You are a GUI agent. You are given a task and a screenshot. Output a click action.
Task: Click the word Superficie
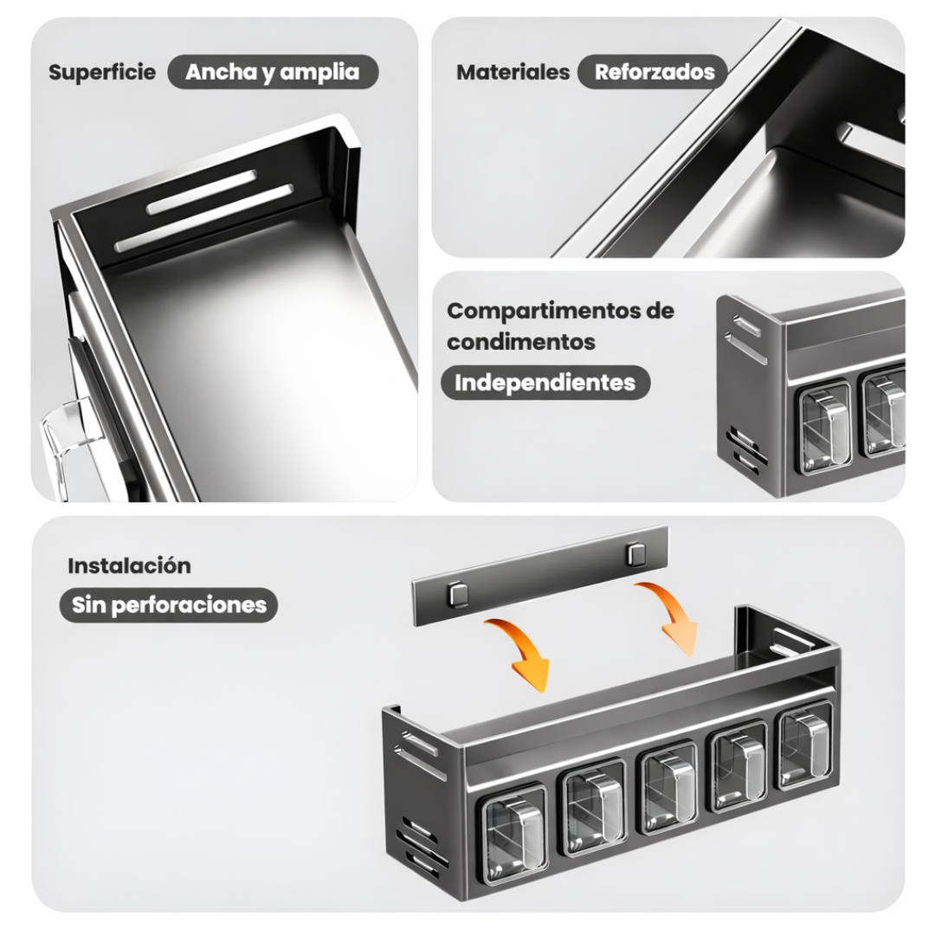pyautogui.click(x=102, y=72)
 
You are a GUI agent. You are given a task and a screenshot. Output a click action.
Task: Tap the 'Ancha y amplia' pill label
pyautogui.click(x=273, y=72)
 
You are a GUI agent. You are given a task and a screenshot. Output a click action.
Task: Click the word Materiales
pyautogui.click(x=513, y=72)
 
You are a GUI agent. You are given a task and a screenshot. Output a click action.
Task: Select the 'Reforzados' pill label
pyautogui.click(x=654, y=72)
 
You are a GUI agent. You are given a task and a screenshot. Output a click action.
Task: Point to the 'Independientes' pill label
pyautogui.click(x=545, y=383)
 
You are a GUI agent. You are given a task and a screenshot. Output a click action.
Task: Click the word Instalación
pyautogui.click(x=129, y=565)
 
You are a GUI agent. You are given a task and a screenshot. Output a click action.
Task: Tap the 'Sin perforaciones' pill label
pyautogui.click(x=169, y=605)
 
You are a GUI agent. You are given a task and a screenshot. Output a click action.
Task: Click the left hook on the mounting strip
pyautogui.click(x=458, y=595)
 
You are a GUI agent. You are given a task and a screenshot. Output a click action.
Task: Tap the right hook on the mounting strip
pyautogui.click(x=635, y=553)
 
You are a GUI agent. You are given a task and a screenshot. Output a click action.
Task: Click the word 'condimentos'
pyautogui.click(x=521, y=342)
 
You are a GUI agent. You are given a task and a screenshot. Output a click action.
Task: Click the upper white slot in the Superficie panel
pyautogui.click(x=202, y=191)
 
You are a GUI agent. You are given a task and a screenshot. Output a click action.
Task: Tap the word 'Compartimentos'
pyautogui.click(x=543, y=311)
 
